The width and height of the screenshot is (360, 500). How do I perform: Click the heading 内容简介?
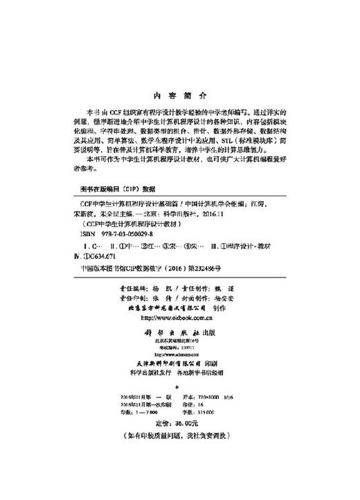(x=179, y=97)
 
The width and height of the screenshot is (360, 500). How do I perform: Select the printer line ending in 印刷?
(x=179, y=361)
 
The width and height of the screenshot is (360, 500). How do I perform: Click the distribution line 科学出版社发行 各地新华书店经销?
(x=179, y=371)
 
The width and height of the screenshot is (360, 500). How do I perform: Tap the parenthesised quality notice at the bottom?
(x=179, y=436)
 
